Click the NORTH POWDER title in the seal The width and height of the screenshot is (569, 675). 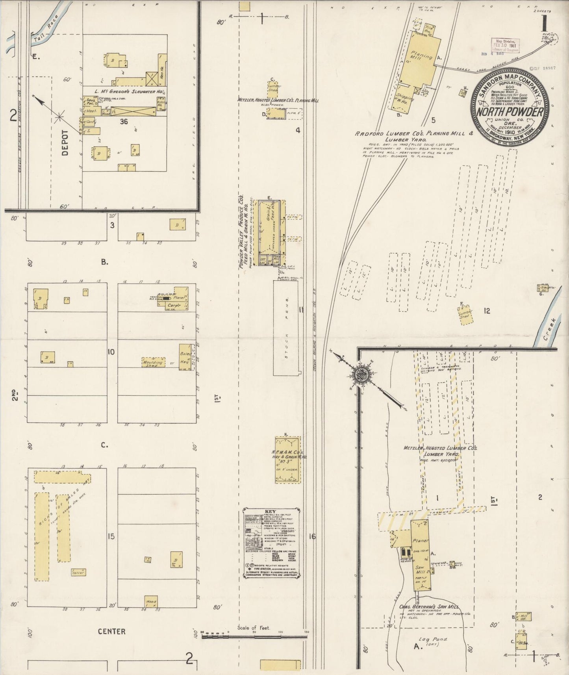click(x=511, y=112)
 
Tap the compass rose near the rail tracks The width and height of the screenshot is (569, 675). click(x=361, y=372)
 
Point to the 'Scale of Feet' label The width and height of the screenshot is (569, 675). click(x=254, y=628)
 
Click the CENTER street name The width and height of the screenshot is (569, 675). click(x=112, y=631)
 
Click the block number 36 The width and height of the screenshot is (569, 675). click(x=124, y=122)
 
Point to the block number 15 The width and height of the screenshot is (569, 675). click(x=111, y=536)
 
